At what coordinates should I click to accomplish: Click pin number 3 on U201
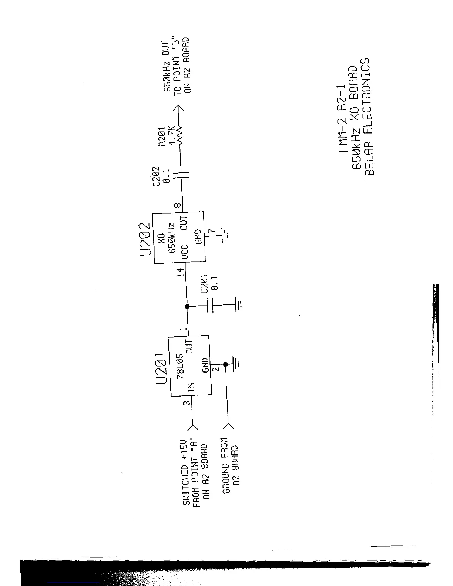(x=188, y=403)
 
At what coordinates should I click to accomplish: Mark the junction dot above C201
(x=187, y=306)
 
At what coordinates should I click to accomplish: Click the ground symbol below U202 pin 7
(x=225, y=234)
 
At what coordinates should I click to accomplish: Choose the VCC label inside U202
(x=185, y=251)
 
